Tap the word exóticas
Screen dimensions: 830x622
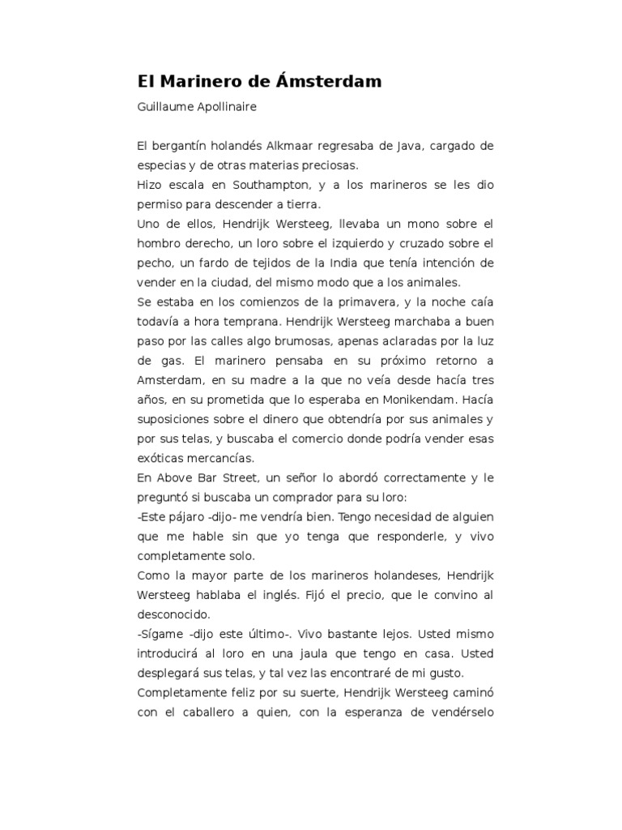tap(162, 458)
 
